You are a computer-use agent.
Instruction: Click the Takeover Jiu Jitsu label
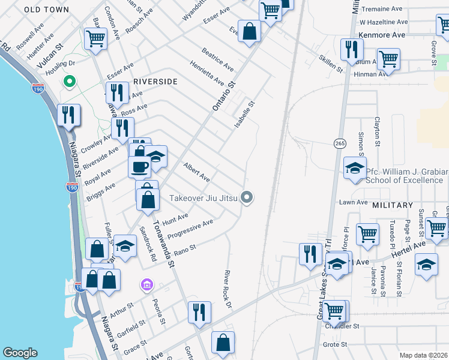coord(203,197)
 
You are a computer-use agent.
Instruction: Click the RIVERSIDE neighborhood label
coord(155,82)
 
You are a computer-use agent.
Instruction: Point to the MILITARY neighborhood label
coord(393,205)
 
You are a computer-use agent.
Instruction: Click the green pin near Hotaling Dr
coord(70,82)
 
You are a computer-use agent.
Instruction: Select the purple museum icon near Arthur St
coord(145,284)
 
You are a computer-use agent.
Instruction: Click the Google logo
coord(20,353)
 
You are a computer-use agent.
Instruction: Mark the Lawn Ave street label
coord(353,202)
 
